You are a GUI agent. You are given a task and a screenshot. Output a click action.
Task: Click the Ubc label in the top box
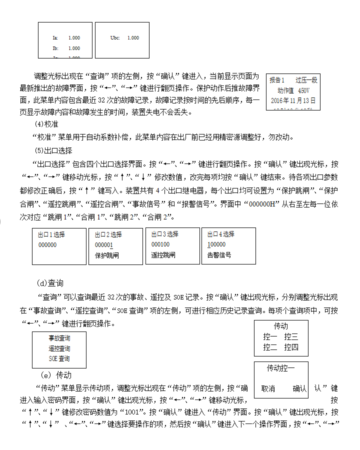click(x=115, y=38)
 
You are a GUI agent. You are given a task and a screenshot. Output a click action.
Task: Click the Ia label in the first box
click(x=55, y=38)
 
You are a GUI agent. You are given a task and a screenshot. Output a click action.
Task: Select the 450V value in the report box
click(x=303, y=91)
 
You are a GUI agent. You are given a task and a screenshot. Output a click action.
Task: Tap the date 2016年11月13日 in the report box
click(x=293, y=100)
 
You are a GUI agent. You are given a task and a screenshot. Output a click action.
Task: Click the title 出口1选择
click(x=51, y=234)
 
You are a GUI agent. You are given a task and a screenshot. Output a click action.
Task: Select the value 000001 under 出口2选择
click(x=104, y=245)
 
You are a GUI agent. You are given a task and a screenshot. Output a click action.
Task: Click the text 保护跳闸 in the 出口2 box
click(x=107, y=255)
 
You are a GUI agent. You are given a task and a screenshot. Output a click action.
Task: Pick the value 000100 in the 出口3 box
click(x=160, y=244)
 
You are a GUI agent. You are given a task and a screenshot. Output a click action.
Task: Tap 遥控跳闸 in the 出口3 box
click(x=163, y=255)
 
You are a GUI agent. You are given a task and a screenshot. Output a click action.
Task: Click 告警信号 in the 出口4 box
click(x=219, y=255)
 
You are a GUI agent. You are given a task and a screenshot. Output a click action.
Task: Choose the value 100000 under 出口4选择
click(x=216, y=244)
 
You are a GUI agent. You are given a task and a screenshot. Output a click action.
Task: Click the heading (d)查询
click(x=50, y=283)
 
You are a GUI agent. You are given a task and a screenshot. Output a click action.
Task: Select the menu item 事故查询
click(x=59, y=338)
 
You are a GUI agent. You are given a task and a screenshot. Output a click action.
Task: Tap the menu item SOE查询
click(x=59, y=358)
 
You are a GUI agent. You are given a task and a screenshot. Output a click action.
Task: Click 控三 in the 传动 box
click(x=291, y=337)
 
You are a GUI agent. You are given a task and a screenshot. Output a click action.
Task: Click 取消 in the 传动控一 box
click(x=268, y=388)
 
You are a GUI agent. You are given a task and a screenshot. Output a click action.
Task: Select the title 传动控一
click(x=280, y=368)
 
